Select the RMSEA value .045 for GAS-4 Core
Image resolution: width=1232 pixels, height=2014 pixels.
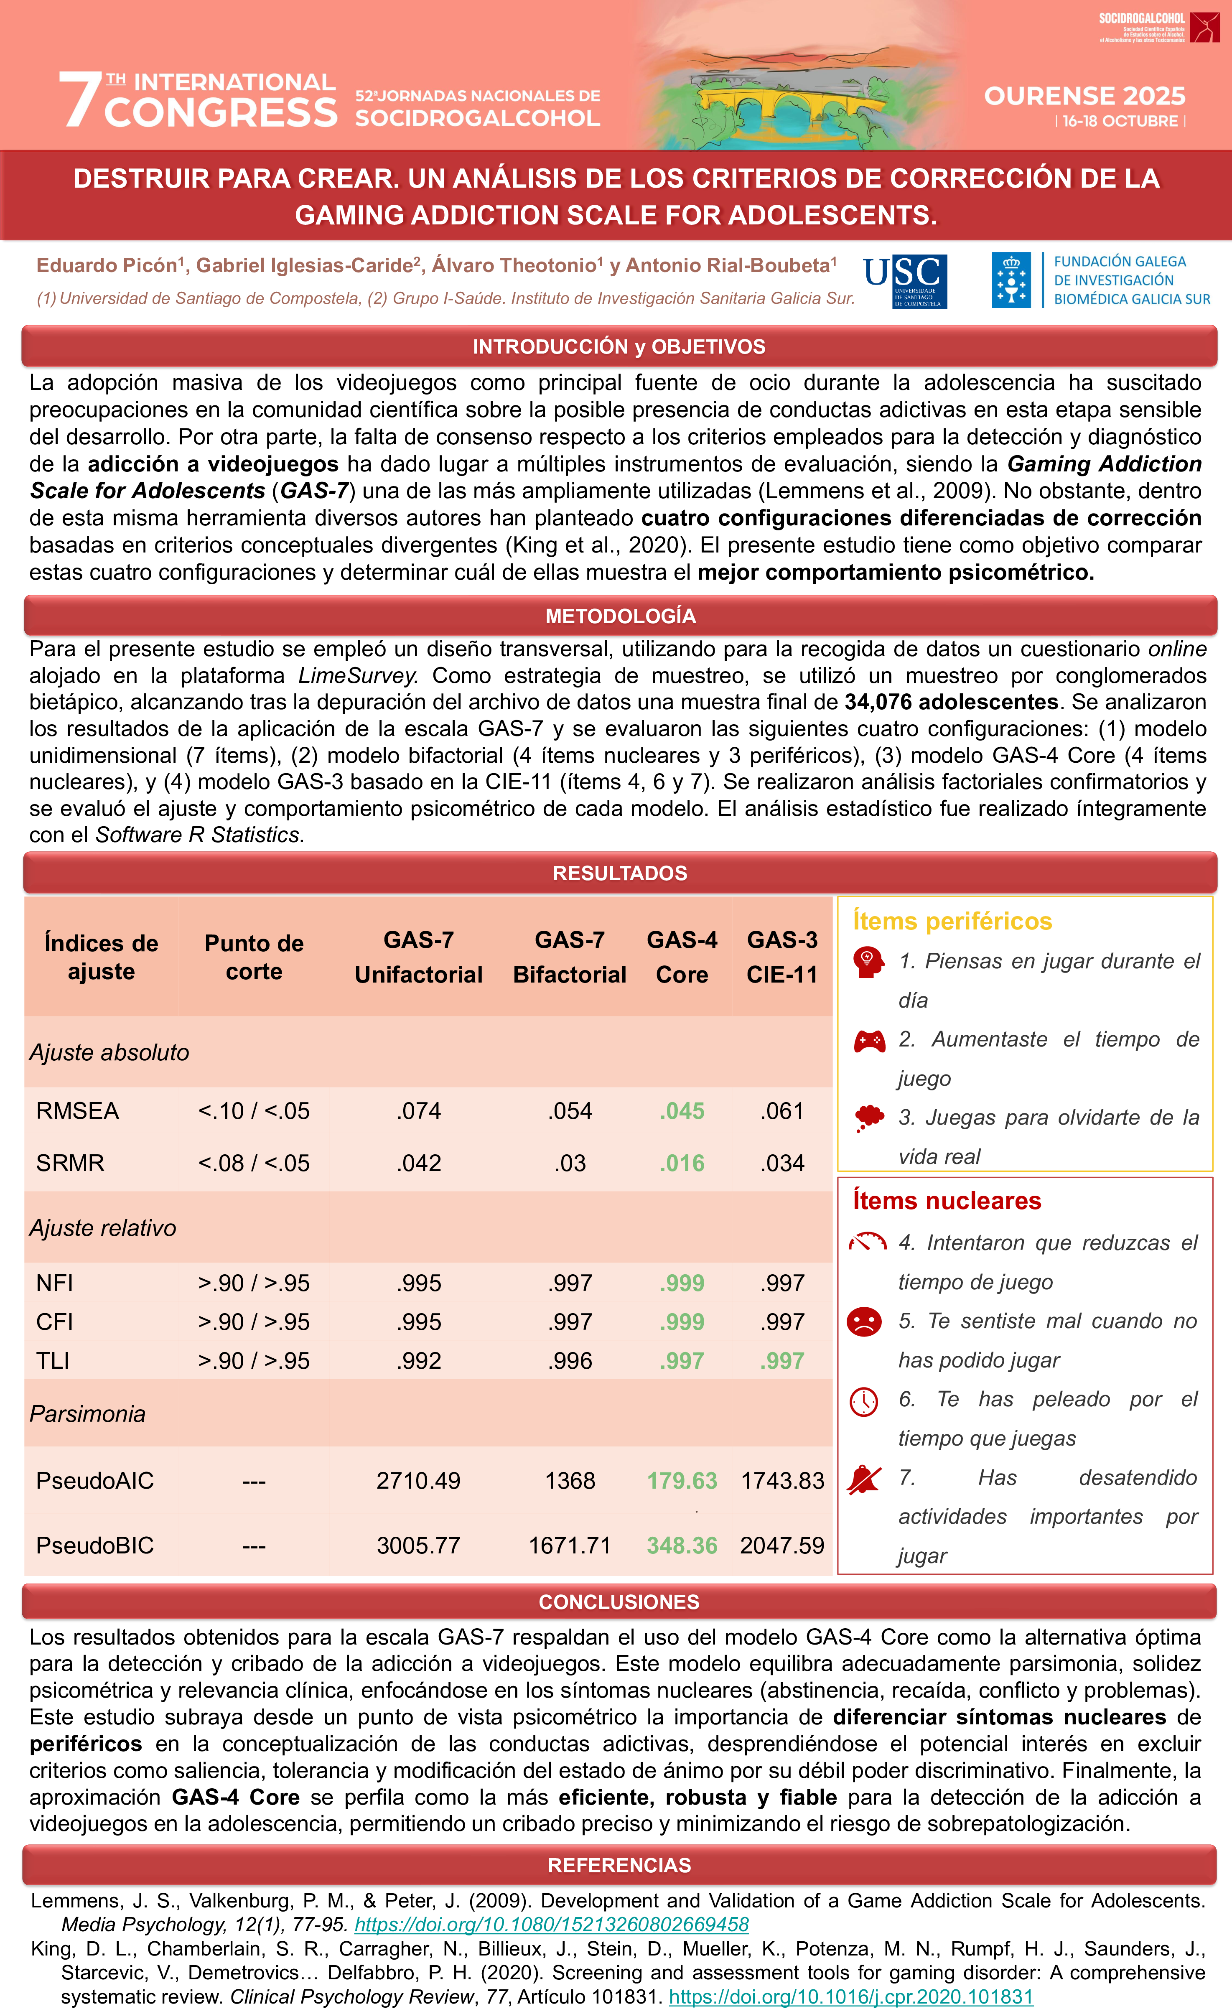pyautogui.click(x=682, y=1111)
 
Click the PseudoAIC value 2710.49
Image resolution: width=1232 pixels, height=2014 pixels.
pyautogui.click(x=419, y=1480)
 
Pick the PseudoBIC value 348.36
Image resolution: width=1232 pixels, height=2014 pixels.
pyautogui.click(x=682, y=1545)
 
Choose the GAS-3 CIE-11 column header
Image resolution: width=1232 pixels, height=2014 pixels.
pyautogui.click(x=782, y=957)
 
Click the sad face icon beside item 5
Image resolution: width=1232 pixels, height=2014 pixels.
pyautogui.click(x=864, y=1321)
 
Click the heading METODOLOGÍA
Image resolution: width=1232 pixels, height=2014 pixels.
pyautogui.click(x=621, y=616)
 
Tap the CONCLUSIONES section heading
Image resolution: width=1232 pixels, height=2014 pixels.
pyautogui.click(x=619, y=1602)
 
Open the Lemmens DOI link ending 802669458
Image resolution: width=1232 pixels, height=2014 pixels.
pyautogui.click(x=552, y=1925)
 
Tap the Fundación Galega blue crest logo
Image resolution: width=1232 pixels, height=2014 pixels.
pyautogui.click(x=1011, y=280)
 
